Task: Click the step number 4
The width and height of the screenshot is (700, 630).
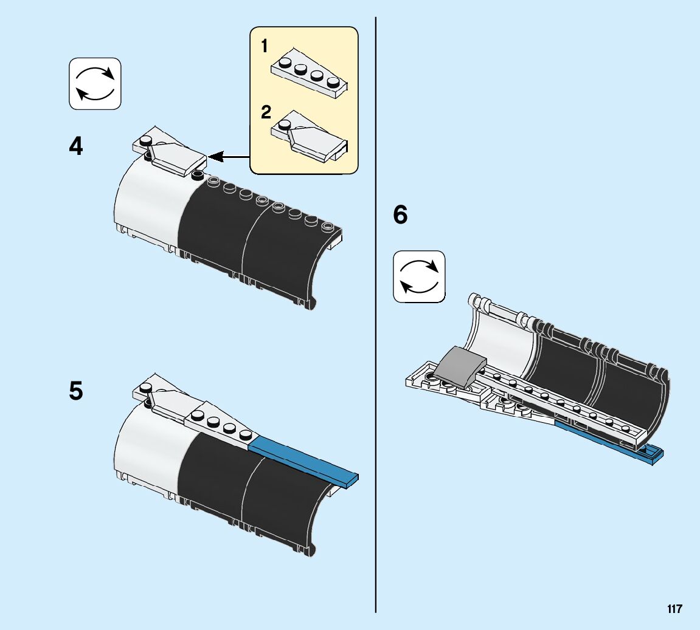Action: click(x=76, y=147)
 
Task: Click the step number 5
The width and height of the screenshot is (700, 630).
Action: click(x=76, y=391)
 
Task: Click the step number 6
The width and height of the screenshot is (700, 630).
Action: click(x=400, y=215)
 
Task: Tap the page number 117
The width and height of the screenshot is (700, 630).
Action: click(x=674, y=609)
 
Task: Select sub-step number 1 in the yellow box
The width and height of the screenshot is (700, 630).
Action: click(x=265, y=46)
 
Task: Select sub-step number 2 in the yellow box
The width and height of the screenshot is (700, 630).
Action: click(x=266, y=112)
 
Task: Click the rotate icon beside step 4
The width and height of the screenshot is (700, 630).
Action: click(x=95, y=84)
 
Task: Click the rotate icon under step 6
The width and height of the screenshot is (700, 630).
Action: click(x=419, y=276)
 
